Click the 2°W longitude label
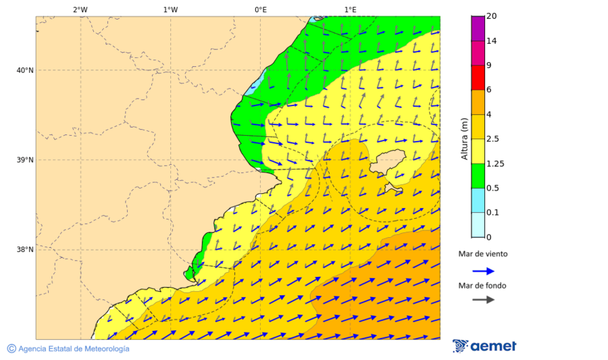tap(80, 9)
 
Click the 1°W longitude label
tap(170, 9)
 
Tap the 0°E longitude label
tap(260, 9)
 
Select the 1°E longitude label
tap(350, 9)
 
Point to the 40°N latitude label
tap(25, 70)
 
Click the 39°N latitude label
tap(25, 160)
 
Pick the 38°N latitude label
tap(25, 249)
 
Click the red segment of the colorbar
tap(478, 77)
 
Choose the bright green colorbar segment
tap(478, 175)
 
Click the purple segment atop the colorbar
tap(478, 28)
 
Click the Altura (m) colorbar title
tap(464, 138)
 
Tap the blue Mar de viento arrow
tap(483, 271)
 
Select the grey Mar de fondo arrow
tap(483, 299)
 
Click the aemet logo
tap(484, 346)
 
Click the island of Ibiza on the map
tap(386, 163)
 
